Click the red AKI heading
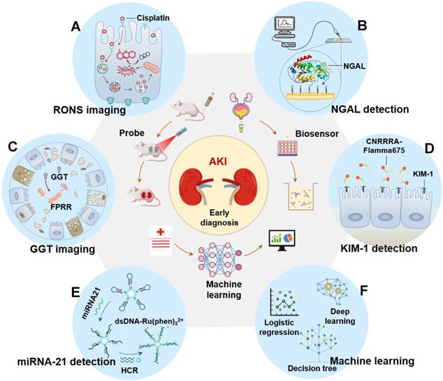click(221, 154)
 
